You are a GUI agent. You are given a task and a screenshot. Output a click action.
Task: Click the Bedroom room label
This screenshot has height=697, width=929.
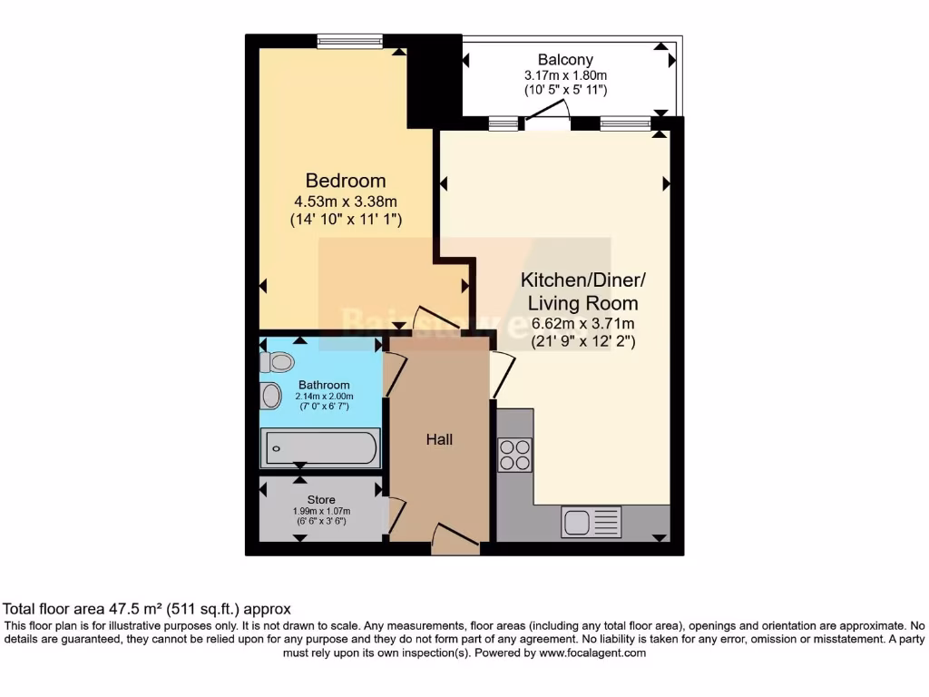(345, 181)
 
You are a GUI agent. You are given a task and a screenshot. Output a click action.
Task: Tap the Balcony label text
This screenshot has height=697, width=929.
(564, 60)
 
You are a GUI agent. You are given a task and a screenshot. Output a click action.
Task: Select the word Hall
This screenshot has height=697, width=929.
(439, 439)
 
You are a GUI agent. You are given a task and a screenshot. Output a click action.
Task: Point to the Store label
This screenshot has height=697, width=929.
(321, 500)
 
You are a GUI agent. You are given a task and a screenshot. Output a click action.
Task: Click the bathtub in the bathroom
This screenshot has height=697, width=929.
(320, 447)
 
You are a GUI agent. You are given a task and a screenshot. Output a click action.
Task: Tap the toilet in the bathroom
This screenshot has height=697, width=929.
(277, 362)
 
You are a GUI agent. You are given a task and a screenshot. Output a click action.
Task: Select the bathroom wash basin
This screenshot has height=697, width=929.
(270, 396)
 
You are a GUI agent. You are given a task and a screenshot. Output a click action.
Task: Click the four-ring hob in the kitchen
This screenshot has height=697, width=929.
(514, 454)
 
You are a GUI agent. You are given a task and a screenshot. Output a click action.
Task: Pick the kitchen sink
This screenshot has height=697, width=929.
(591, 523)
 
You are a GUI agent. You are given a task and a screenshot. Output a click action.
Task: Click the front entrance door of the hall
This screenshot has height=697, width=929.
(455, 539)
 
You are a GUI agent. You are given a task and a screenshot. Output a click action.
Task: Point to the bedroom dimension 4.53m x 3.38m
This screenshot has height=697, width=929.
(345, 201)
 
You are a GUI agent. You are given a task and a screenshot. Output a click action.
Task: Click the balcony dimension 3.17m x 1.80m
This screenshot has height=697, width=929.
(564, 75)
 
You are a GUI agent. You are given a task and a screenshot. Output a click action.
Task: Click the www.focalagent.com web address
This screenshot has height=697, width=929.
(592, 653)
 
